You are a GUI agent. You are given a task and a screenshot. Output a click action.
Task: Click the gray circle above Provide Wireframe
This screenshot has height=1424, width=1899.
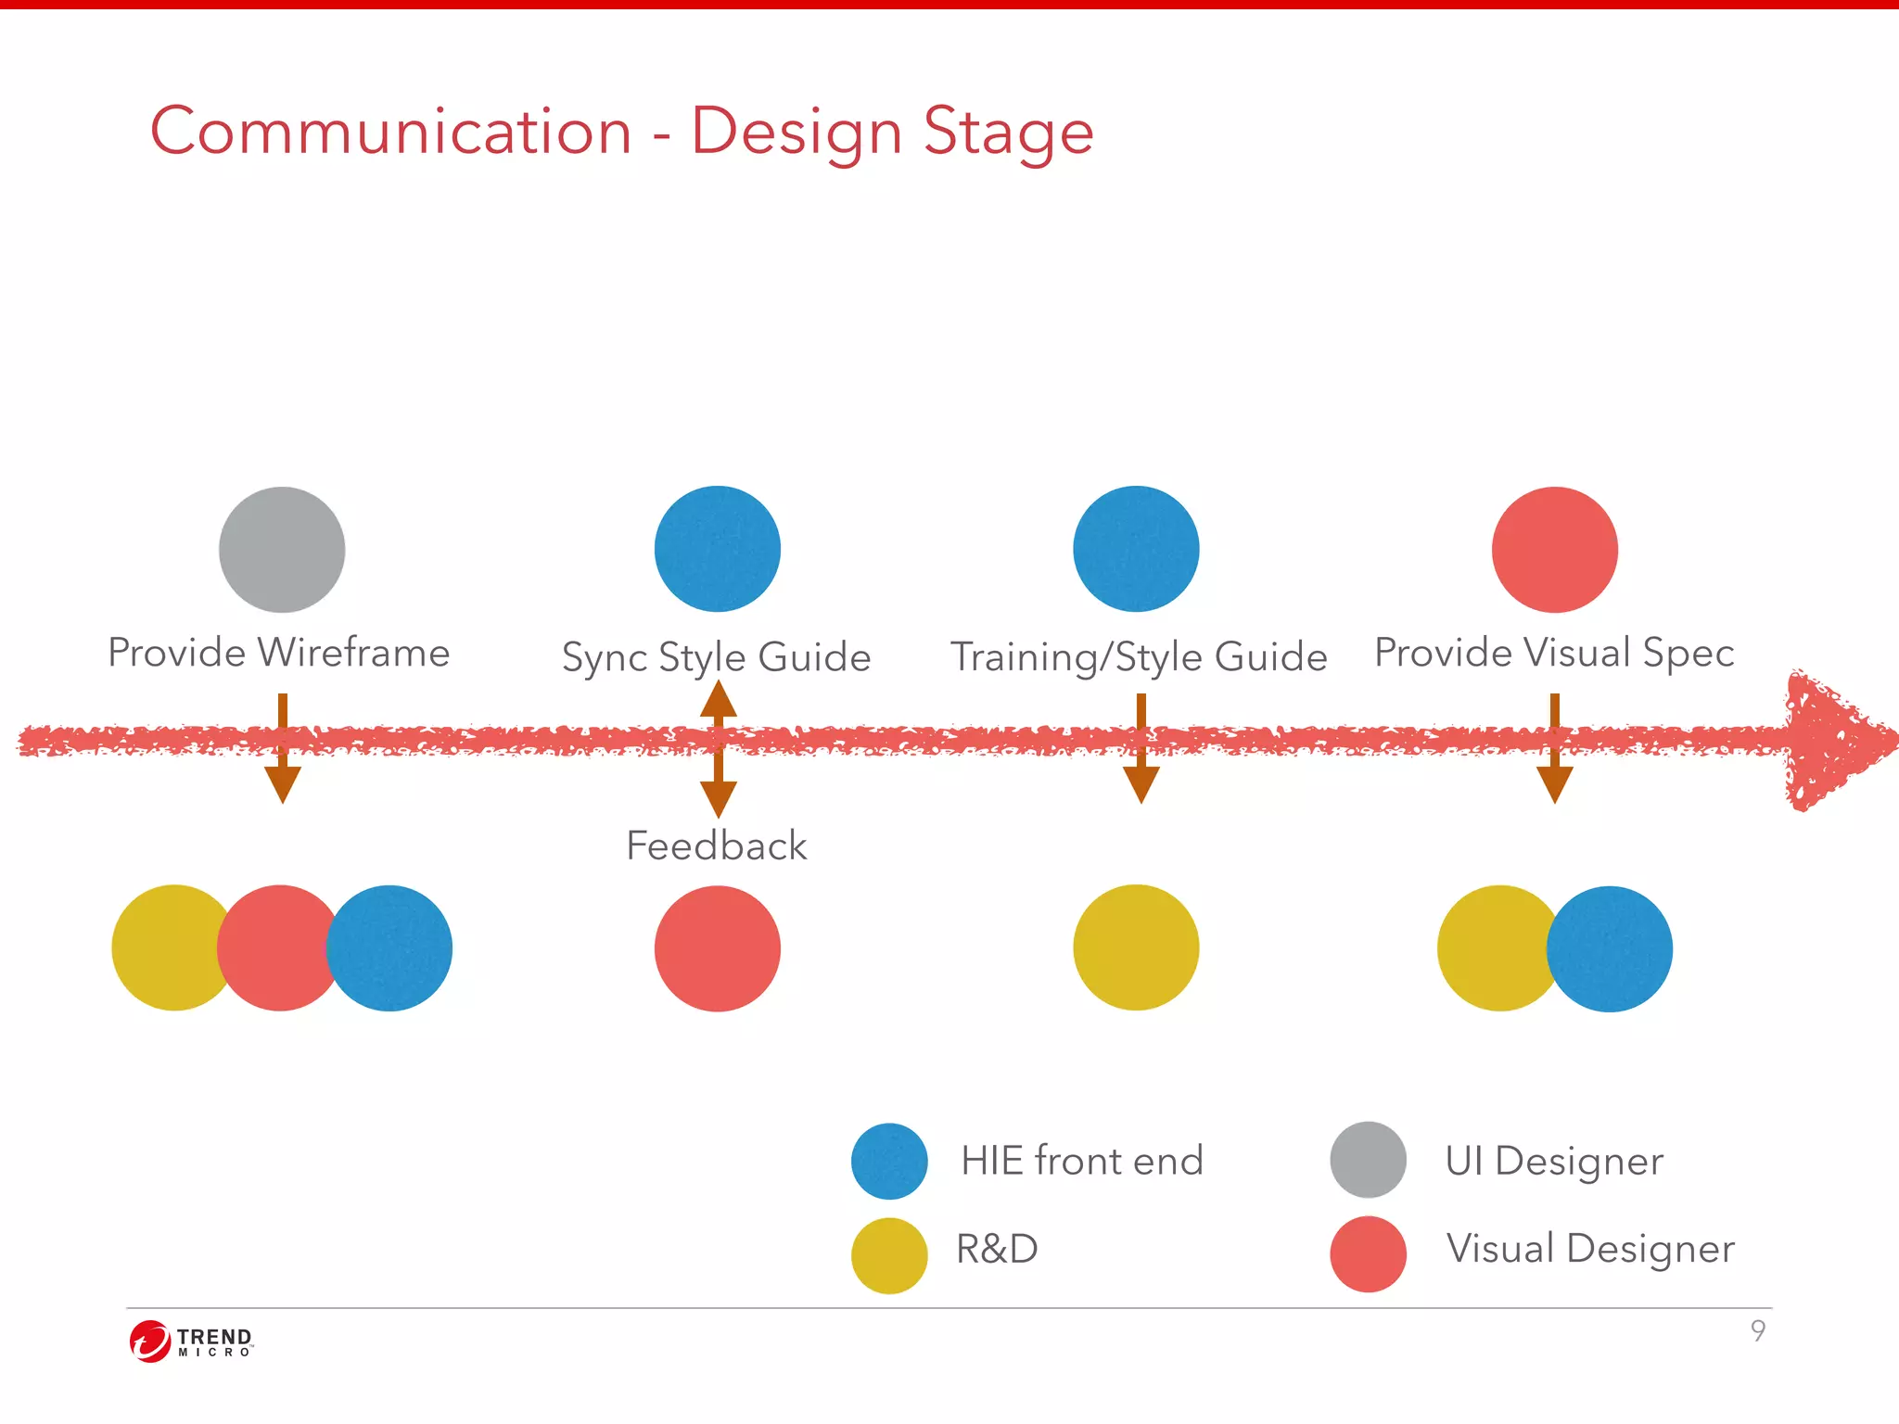coord(282,550)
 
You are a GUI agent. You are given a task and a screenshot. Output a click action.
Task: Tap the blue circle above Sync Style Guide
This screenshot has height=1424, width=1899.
coord(717,549)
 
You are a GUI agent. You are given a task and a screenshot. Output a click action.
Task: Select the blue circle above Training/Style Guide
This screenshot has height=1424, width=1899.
coord(1136,549)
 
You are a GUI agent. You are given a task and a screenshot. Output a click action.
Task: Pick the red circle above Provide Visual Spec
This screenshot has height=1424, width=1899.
coord(1555,550)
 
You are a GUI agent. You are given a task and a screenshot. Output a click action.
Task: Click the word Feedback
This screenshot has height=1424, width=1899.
coord(716,845)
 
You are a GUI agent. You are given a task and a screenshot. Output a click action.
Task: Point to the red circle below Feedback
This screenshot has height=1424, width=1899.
coord(717,948)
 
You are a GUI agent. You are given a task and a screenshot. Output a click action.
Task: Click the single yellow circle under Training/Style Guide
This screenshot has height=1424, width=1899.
coord(1136,947)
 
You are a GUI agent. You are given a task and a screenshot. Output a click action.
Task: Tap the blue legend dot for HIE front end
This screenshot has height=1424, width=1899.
coord(889,1161)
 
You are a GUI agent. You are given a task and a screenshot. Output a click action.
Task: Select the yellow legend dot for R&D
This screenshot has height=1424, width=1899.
coord(889,1255)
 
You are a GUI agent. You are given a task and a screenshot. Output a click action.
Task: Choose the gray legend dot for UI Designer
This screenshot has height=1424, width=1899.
coord(1368,1160)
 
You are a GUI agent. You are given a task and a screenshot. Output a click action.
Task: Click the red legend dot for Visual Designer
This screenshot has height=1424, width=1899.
coord(1368,1254)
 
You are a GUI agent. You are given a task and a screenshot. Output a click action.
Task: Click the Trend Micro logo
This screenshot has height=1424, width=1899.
coord(191,1341)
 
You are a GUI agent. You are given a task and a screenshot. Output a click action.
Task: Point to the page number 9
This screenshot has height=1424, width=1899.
coord(1757,1330)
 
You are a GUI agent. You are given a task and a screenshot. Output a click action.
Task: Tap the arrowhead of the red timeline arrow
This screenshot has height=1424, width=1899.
coord(1831,740)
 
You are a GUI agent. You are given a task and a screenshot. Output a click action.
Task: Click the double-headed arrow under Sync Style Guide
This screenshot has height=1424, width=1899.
coord(718,749)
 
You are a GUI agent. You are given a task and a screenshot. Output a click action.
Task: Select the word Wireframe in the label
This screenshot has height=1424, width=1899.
coord(353,653)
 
